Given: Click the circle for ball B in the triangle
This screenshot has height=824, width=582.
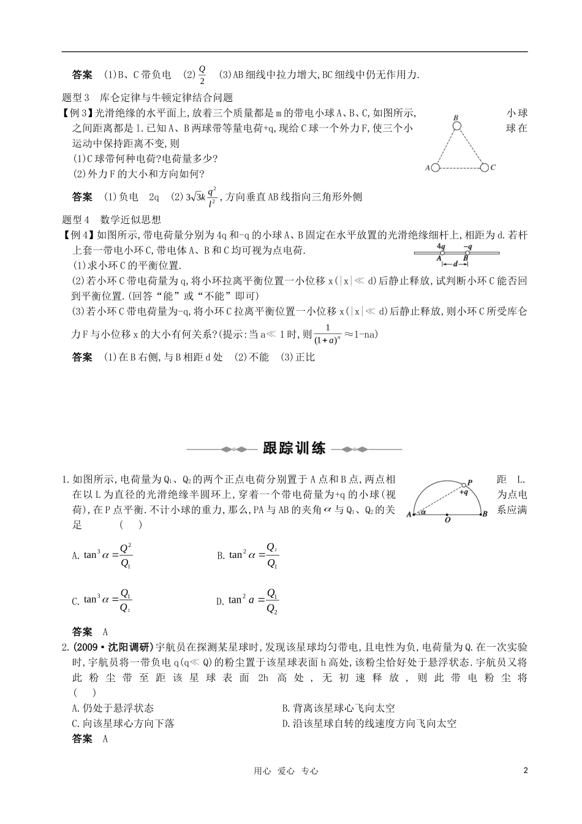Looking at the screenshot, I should pyautogui.click(x=456, y=126).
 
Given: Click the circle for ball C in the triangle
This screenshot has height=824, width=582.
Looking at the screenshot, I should pyautogui.click(x=484, y=167).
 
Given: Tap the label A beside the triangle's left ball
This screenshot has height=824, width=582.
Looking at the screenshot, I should pyautogui.click(x=427, y=167).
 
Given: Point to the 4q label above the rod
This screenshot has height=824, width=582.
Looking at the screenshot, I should pyautogui.click(x=440, y=246).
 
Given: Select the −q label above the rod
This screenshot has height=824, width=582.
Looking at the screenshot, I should pyautogui.click(x=467, y=246).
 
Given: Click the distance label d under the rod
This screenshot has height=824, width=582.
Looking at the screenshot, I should pyautogui.click(x=453, y=264).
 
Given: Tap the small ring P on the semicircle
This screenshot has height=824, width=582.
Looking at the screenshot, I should pyautogui.click(x=463, y=484).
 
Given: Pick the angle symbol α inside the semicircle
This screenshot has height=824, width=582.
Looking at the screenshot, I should pyautogui.click(x=424, y=512).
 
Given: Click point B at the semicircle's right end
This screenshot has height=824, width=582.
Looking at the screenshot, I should pyautogui.click(x=484, y=514).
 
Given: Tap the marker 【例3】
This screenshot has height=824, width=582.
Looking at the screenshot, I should pyautogui.click(x=77, y=113).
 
